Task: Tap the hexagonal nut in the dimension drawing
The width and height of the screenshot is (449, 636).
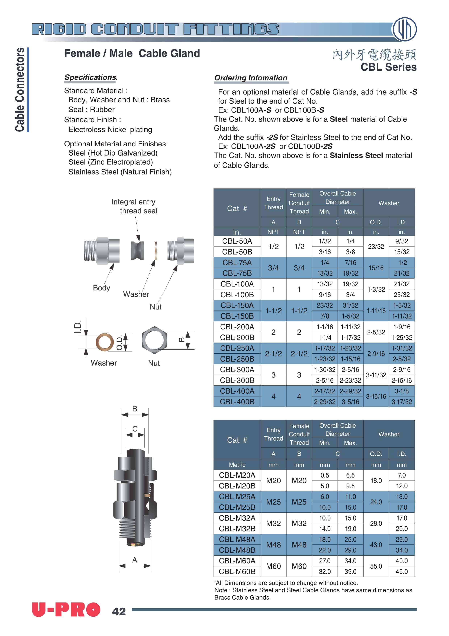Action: click(154, 340)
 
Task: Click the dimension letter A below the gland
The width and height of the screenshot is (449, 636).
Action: click(135, 560)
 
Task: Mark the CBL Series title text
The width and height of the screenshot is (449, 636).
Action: click(388, 67)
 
